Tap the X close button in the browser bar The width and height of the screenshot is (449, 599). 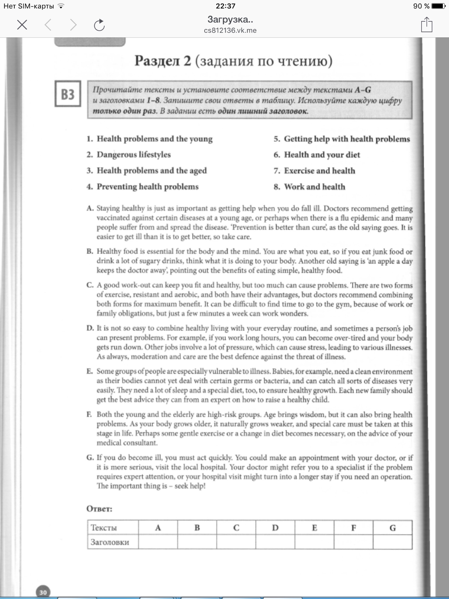[x=22, y=25]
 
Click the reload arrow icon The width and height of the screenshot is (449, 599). [x=99, y=25]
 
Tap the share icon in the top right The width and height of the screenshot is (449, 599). [x=427, y=25]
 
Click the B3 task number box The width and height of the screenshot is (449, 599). [x=68, y=94]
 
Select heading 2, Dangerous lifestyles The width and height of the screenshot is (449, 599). [x=134, y=155]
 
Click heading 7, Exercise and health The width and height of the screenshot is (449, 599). [x=319, y=171]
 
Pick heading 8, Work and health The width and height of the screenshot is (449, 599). [x=315, y=187]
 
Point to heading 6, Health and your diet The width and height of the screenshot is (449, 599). [x=322, y=155]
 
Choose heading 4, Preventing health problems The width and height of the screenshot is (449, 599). [x=147, y=187]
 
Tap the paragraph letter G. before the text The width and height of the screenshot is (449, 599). [x=90, y=458]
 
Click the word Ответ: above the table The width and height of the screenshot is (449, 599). [x=99, y=509]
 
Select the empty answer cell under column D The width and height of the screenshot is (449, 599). [x=275, y=542]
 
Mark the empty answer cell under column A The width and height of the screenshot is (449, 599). [x=158, y=542]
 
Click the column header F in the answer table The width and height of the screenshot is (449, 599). [x=353, y=528]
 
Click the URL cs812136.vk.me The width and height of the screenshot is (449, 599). [x=230, y=30]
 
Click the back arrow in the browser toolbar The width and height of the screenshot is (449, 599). [x=48, y=25]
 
